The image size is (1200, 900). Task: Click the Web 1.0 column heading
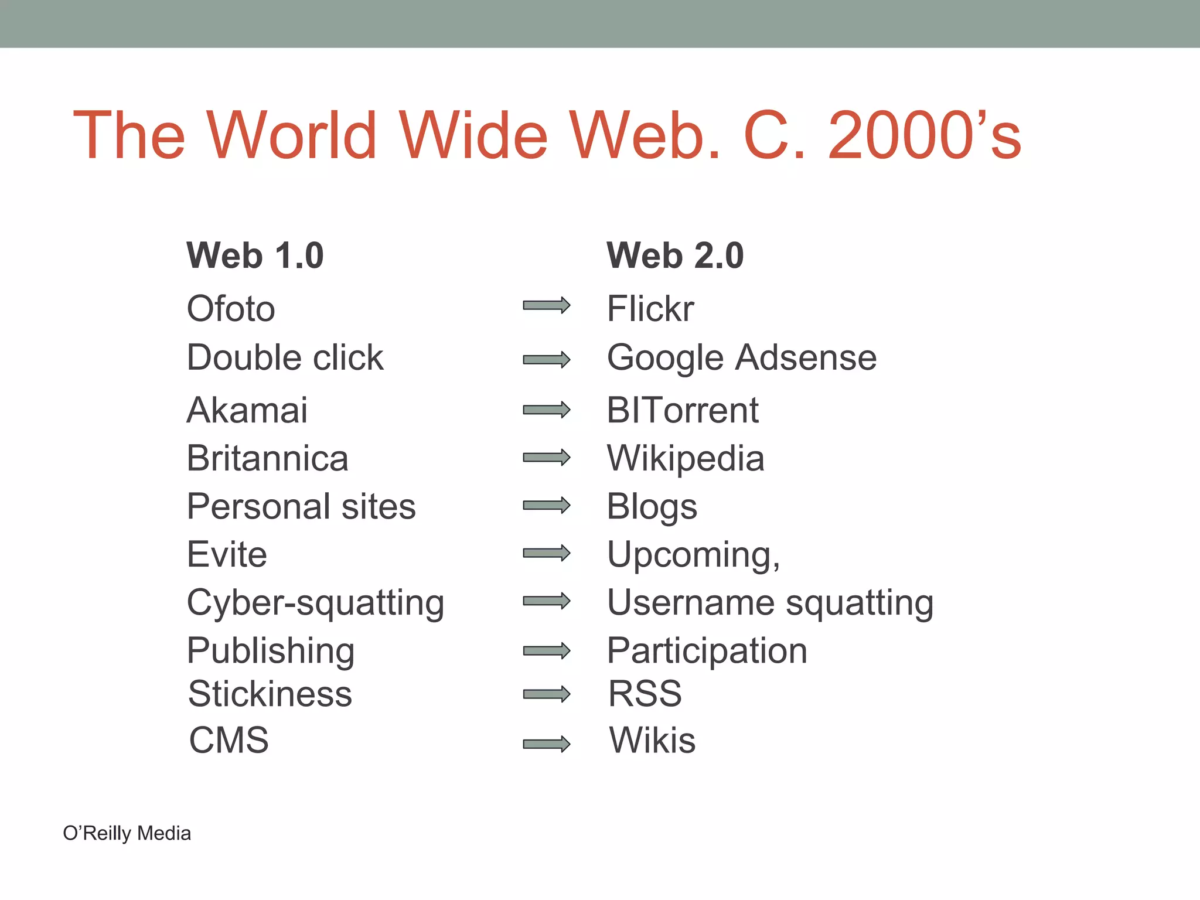(255, 256)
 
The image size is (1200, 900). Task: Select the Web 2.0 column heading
(675, 256)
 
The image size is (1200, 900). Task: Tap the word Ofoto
(231, 309)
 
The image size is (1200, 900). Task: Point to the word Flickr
(650, 309)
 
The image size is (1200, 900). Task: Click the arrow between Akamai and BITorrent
(546, 410)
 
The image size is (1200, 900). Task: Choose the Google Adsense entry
(742, 358)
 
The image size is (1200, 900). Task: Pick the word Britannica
(268, 458)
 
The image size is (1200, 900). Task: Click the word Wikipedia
(686, 458)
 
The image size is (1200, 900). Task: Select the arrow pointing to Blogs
(546, 505)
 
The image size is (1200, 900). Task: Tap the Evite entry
(227, 554)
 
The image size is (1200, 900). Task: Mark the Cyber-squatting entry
(315, 603)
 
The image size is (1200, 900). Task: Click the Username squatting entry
(771, 603)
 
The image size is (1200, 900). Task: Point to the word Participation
(707, 651)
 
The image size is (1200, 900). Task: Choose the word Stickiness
(270, 694)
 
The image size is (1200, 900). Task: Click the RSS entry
(645, 694)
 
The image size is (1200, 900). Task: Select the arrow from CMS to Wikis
(546, 744)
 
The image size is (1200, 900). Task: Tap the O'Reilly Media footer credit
(127, 833)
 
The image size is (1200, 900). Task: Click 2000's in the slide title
(925, 136)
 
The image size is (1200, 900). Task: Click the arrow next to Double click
(546, 359)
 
